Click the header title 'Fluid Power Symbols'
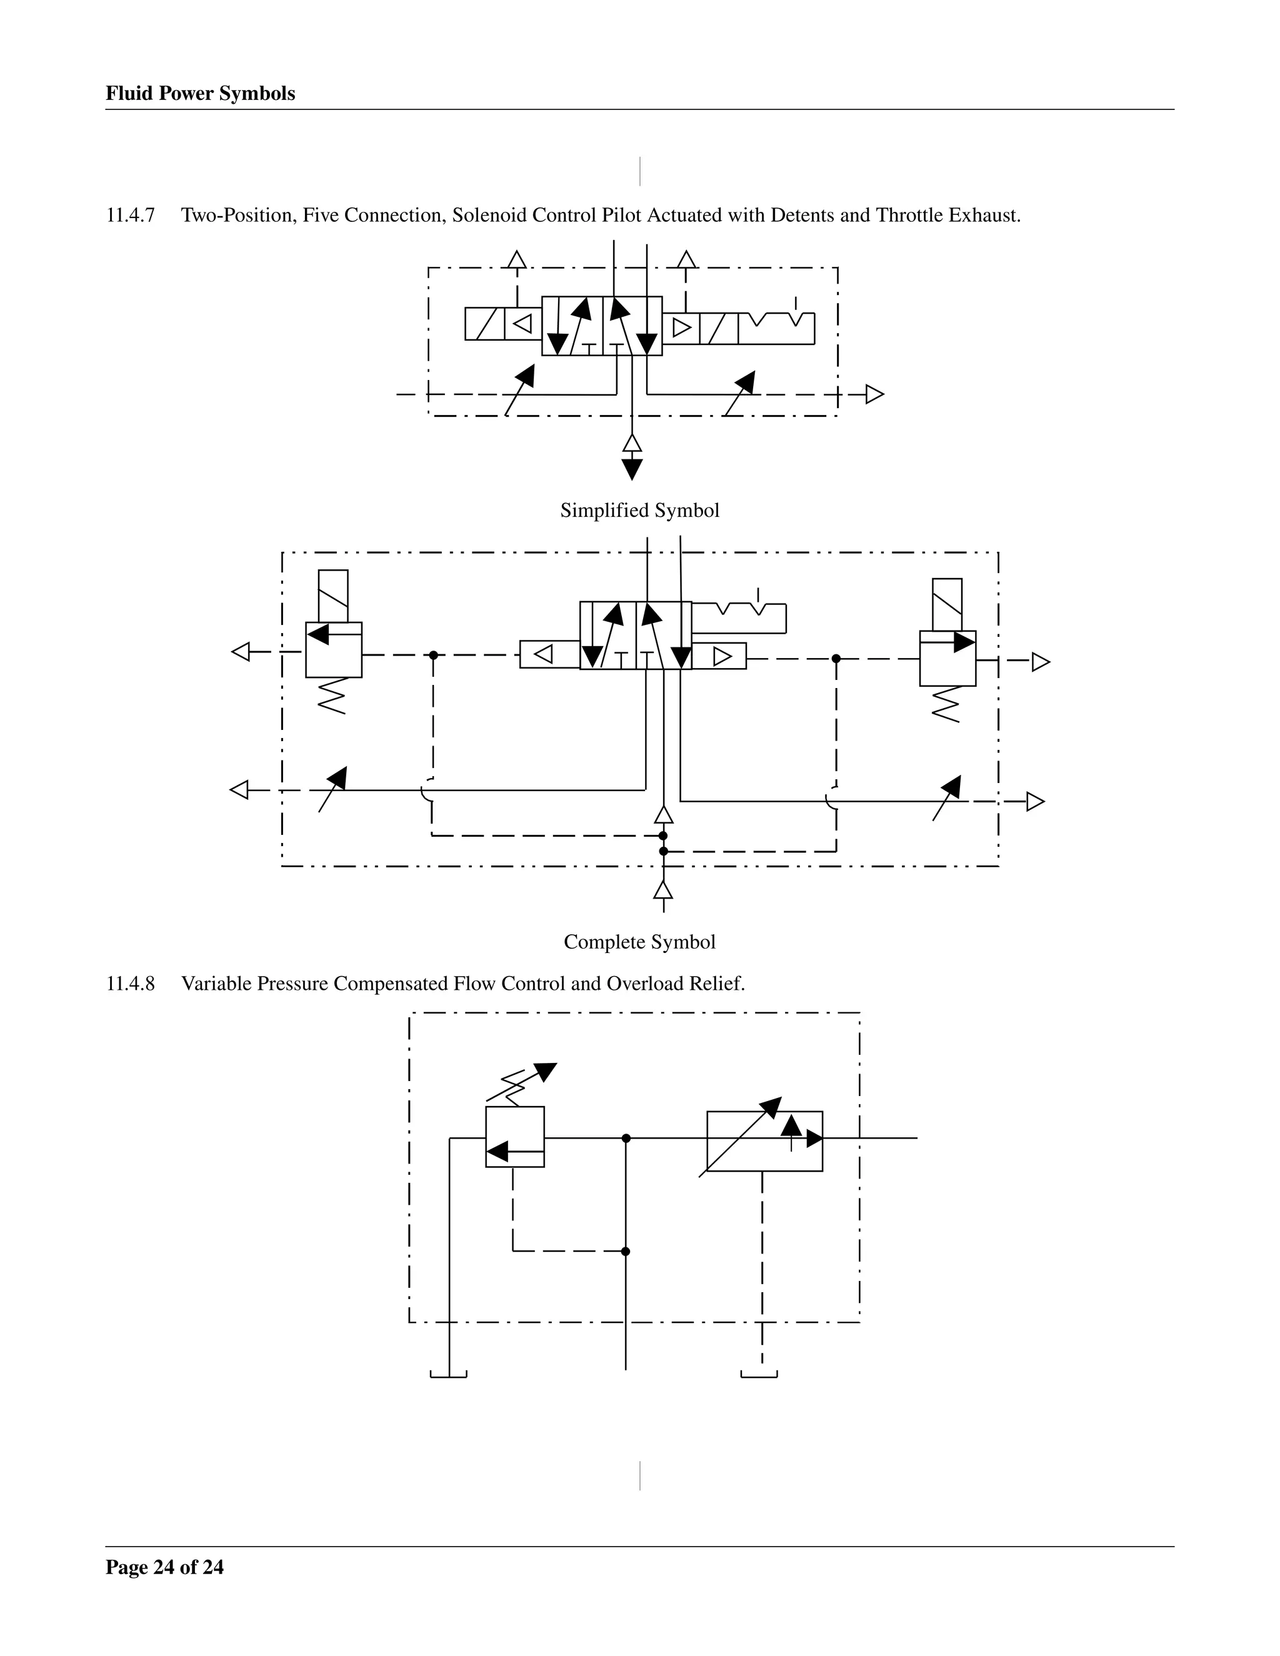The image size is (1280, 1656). (x=200, y=93)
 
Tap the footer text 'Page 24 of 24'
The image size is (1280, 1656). (x=164, y=1567)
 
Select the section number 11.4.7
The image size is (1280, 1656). (x=131, y=216)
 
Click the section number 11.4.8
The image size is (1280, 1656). (x=131, y=984)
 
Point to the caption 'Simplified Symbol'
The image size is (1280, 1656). (x=639, y=511)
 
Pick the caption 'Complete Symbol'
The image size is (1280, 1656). (x=639, y=942)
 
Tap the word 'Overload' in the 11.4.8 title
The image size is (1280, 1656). (x=644, y=984)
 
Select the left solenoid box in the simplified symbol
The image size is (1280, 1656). (x=484, y=324)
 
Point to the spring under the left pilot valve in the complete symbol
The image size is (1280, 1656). (x=332, y=696)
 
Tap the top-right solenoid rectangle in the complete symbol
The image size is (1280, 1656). (x=947, y=604)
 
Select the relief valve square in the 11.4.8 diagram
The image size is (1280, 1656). (x=515, y=1137)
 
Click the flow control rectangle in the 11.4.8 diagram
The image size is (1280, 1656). (x=764, y=1141)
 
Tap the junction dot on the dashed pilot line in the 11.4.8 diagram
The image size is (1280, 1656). (x=626, y=1251)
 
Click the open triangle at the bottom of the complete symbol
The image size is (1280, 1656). (x=664, y=890)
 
